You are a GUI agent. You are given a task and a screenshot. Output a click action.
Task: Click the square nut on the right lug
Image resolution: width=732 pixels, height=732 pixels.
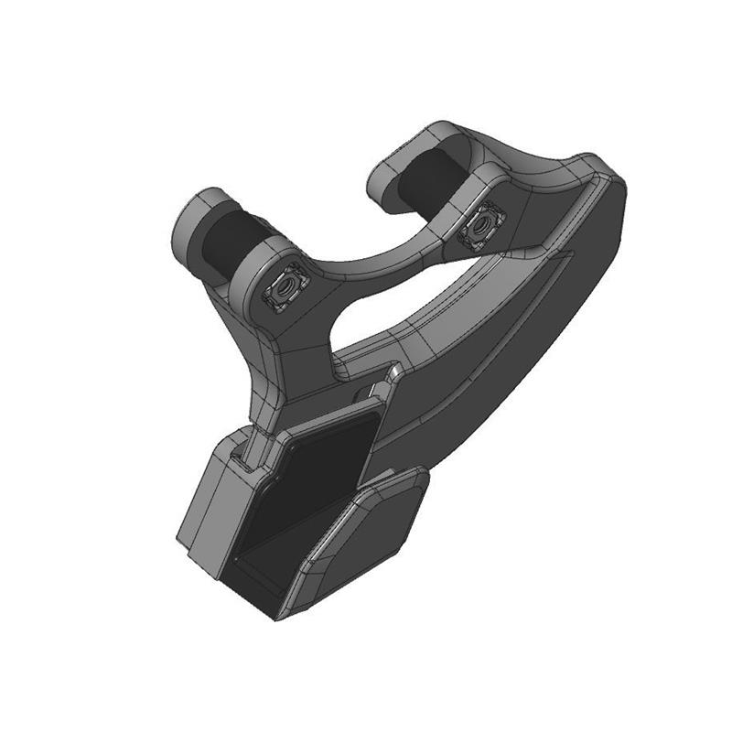point(481,225)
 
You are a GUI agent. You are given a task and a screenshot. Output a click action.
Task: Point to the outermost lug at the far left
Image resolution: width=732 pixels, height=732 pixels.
point(195,224)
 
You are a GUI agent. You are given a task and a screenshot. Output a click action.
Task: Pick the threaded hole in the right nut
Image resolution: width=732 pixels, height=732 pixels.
point(481,225)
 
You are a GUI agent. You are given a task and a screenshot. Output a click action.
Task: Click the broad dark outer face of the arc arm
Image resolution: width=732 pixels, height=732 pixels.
point(512,339)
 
